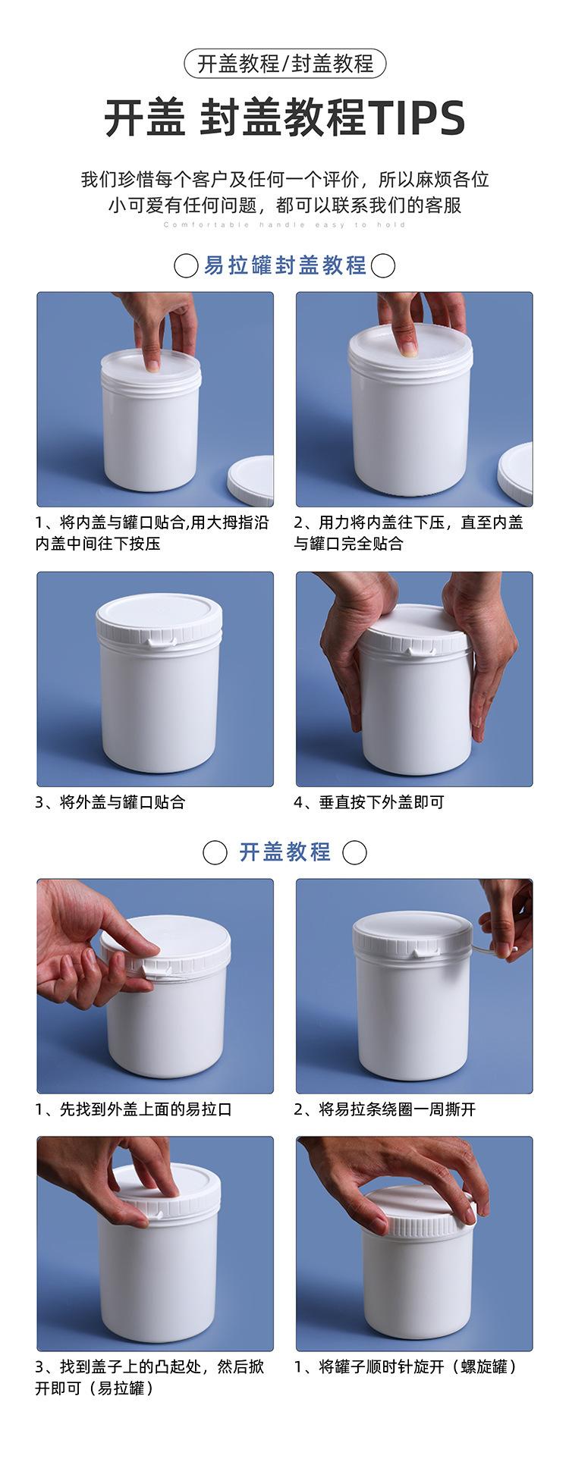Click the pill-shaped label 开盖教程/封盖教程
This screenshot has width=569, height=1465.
pos(284,64)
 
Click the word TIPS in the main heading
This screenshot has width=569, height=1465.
pos(417,118)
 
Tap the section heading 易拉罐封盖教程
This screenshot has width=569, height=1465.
pos(285,265)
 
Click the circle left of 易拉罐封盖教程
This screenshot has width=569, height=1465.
pos(187,266)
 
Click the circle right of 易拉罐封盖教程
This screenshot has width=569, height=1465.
pos(383,266)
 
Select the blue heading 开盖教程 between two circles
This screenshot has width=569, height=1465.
pos(285,852)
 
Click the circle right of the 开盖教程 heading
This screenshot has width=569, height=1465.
pos(354,852)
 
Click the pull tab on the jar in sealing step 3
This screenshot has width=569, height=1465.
pos(160,643)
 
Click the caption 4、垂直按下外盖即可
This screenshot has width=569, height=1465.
pos(369,802)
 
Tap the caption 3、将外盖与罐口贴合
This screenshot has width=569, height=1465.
pos(110,802)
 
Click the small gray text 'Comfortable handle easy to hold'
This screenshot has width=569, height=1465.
pos(284,225)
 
